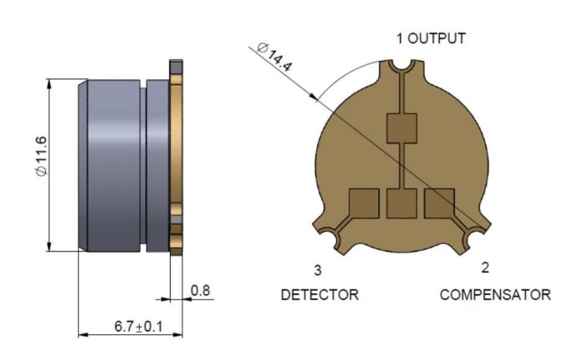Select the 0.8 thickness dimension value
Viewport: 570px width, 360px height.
point(200,290)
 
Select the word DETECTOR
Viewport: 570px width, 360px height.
point(319,295)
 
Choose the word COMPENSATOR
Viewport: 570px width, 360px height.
point(495,295)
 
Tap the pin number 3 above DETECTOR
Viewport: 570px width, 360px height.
point(317,270)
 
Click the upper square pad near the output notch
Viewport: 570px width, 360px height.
point(402,127)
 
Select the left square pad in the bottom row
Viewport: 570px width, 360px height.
point(363,202)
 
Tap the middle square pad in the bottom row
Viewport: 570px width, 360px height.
point(402,202)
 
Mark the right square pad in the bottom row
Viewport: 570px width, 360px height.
point(439,202)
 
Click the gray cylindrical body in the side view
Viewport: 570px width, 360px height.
point(112,165)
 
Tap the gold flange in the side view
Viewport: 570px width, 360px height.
point(176,158)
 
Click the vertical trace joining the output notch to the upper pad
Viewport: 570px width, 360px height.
point(402,92)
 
